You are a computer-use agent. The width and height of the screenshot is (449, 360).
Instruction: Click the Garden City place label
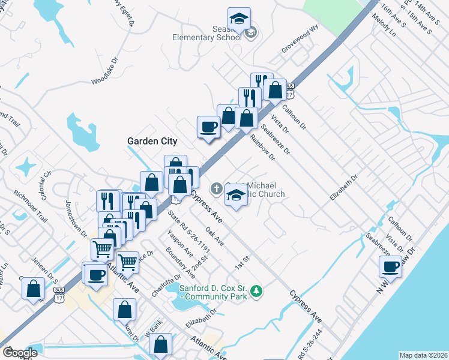click(x=152, y=141)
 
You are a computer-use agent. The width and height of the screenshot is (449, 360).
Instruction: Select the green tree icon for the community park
click(x=257, y=291)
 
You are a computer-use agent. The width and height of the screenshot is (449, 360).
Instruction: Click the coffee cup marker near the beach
click(x=390, y=266)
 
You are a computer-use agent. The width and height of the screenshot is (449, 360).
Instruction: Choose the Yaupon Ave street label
click(x=180, y=242)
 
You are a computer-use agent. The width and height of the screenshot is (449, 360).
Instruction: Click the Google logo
click(x=20, y=353)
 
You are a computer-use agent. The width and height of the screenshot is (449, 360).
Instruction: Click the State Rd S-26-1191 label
click(x=188, y=230)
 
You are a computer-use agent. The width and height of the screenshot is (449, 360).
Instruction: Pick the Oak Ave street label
click(x=214, y=236)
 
